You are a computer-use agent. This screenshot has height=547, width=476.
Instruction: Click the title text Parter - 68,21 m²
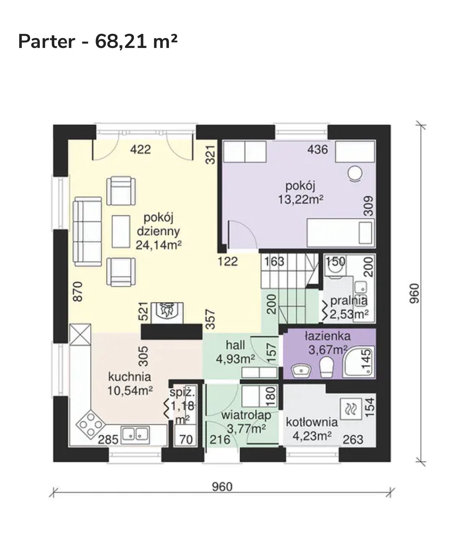click(98, 42)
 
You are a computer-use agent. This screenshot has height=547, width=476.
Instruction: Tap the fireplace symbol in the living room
click(167, 313)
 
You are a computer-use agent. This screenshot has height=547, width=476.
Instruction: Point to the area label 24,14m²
click(159, 245)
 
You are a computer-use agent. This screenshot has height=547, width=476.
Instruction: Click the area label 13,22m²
click(301, 199)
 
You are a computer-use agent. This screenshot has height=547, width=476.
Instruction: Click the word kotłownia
click(312, 422)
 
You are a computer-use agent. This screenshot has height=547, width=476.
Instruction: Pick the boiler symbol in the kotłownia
click(351, 409)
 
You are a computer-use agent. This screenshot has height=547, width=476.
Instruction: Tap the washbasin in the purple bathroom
click(301, 370)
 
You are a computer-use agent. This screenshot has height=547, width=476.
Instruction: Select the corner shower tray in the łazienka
click(359, 362)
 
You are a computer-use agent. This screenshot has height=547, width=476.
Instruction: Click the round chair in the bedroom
click(355, 174)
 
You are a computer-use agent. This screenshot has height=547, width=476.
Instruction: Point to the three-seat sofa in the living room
click(87, 232)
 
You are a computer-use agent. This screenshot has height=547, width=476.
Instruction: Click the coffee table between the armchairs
click(121, 231)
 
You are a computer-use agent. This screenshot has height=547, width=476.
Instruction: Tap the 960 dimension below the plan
click(222, 487)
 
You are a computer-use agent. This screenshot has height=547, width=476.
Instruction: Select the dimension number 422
click(140, 149)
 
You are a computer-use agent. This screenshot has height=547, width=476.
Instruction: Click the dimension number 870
click(78, 292)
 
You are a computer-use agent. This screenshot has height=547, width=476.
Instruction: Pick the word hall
click(235, 345)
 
